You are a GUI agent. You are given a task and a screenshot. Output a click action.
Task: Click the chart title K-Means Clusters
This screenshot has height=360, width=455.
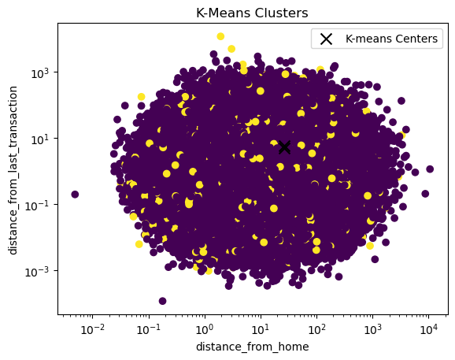point(252,13)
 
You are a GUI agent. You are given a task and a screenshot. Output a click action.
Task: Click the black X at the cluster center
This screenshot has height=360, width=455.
point(284,147)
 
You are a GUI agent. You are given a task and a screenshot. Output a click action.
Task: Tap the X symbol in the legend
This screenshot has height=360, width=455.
point(326,39)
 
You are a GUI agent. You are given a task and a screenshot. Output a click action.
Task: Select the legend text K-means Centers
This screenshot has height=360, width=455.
point(391,39)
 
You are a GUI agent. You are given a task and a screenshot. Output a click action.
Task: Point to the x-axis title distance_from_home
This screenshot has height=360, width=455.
point(253,347)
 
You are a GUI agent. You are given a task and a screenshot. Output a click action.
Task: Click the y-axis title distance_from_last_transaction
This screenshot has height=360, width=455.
point(13,170)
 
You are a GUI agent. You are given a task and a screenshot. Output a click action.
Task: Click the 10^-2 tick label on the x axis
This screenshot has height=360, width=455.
point(92,329)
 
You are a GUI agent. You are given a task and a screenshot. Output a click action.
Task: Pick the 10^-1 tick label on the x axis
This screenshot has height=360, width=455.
point(148,329)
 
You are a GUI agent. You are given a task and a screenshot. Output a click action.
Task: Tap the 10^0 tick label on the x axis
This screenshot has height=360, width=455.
point(205,329)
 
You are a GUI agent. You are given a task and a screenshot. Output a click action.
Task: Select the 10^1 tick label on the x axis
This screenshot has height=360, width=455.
point(261,329)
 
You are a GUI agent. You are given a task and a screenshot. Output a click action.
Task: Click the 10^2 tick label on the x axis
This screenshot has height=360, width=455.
point(316,329)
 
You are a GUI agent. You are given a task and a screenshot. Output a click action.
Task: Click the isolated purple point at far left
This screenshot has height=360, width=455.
point(75,195)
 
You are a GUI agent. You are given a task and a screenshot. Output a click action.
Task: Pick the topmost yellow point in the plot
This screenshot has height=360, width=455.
point(220,36)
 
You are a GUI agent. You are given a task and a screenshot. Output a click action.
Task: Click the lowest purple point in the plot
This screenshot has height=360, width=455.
point(162,301)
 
